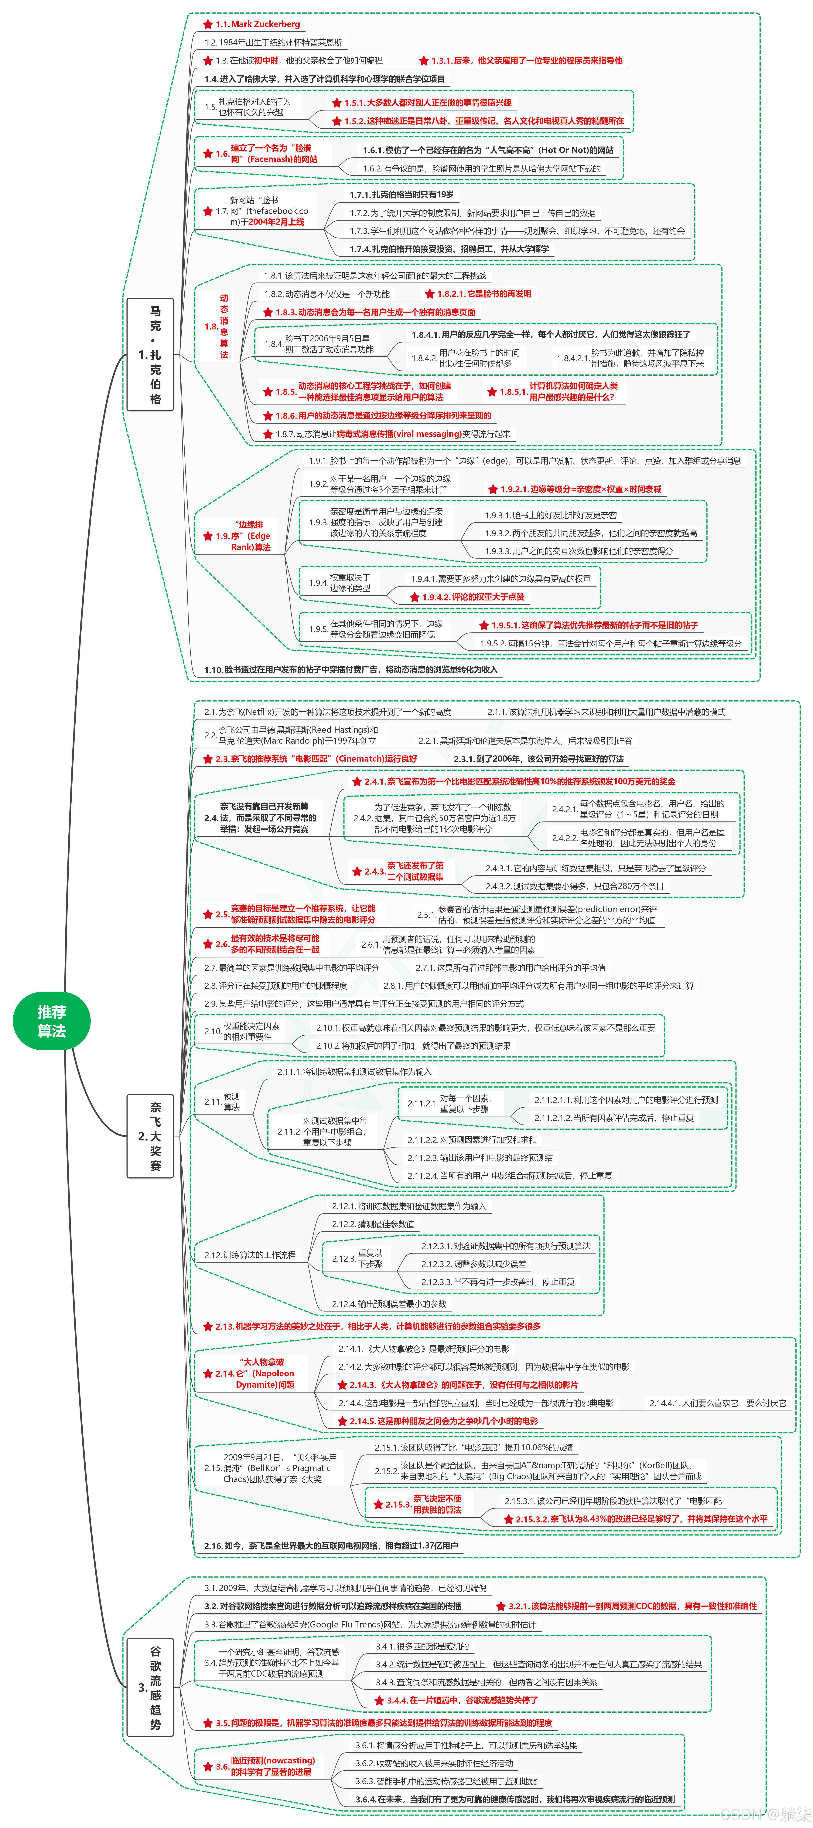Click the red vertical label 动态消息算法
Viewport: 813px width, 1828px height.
click(224, 327)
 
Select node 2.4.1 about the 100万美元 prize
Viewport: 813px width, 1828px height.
click(519, 781)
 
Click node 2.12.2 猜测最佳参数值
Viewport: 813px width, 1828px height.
click(373, 1224)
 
